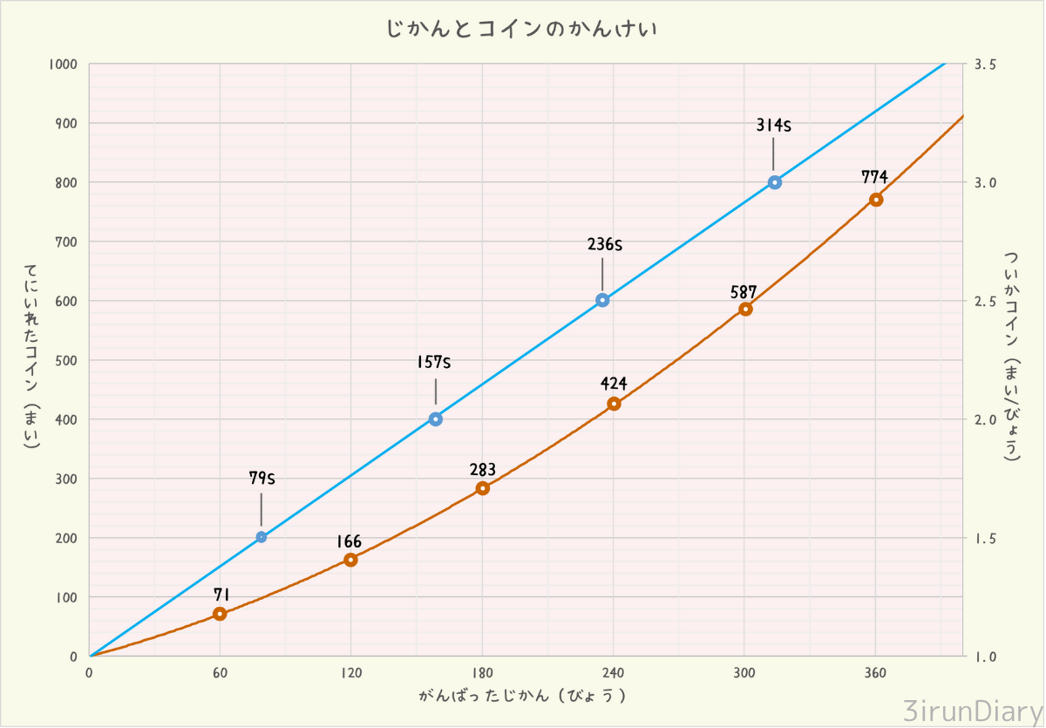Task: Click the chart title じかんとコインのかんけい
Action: click(x=521, y=29)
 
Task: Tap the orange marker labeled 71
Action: click(x=220, y=614)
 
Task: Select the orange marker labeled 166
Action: click(x=350, y=560)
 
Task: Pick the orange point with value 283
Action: click(x=483, y=488)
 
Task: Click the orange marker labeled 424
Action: click(x=614, y=404)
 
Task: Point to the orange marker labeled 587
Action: click(x=745, y=310)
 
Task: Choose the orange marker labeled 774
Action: click(x=876, y=200)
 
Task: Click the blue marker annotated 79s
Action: click(x=261, y=537)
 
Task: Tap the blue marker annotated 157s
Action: click(x=436, y=419)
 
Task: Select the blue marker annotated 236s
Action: click(x=602, y=301)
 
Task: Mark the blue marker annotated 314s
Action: click(x=775, y=182)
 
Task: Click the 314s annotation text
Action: click(x=773, y=126)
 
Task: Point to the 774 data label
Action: click(x=874, y=177)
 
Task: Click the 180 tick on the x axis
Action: click(x=482, y=673)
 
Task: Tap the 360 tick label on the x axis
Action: click(x=875, y=673)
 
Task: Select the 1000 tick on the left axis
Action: click(x=64, y=65)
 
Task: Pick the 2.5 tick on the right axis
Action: click(x=985, y=301)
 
